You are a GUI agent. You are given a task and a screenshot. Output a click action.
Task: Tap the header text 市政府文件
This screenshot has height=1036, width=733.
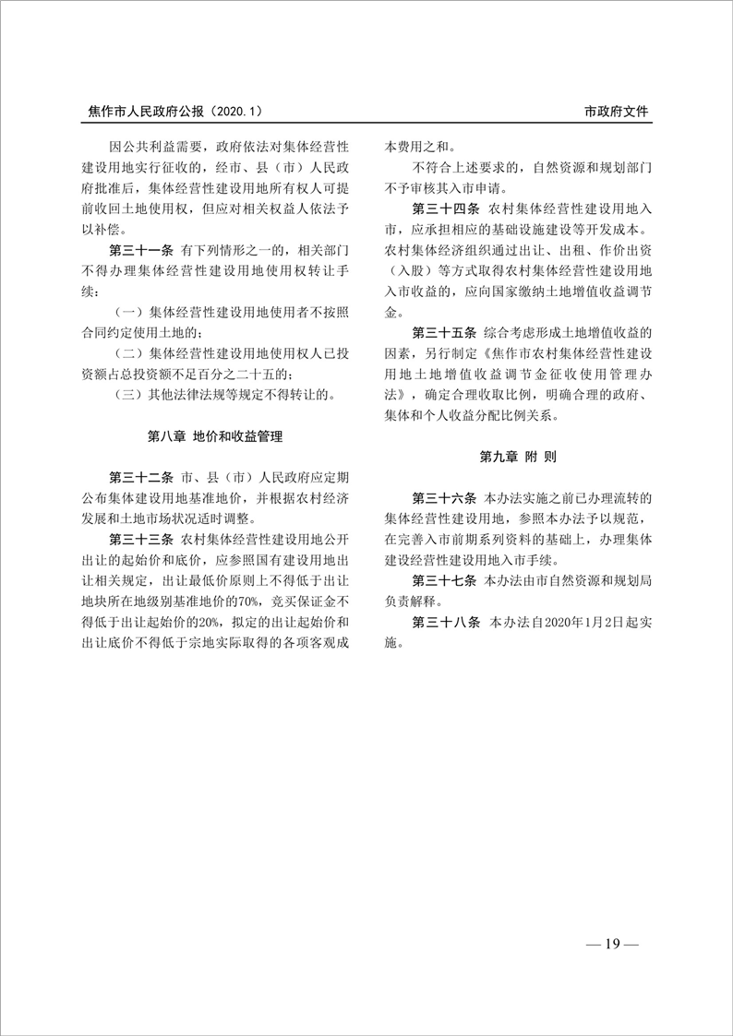[617, 111]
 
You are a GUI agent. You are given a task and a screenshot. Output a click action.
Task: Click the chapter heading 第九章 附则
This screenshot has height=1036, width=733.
[517, 457]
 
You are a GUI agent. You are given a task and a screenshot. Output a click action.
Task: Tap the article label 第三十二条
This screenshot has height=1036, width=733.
[141, 478]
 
